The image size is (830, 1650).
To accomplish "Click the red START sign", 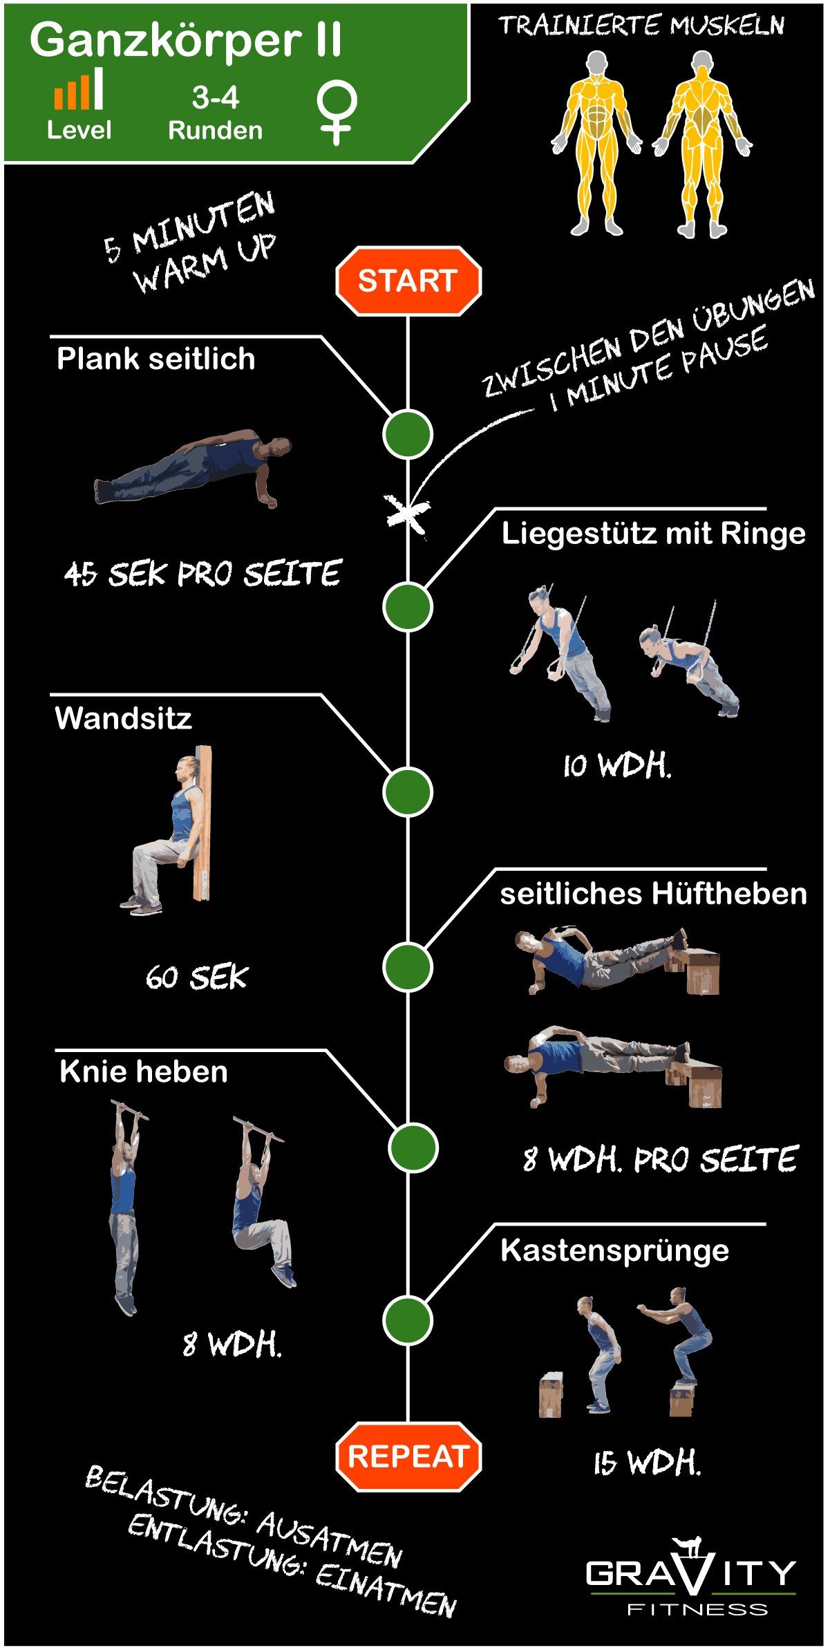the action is tap(408, 281).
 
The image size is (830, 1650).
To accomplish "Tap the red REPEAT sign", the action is tap(408, 1456).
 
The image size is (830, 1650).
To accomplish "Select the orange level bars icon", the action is tap(79, 88).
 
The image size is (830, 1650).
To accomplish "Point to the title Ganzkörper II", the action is tap(185, 40).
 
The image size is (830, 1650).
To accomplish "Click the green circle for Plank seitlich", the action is tap(408, 434).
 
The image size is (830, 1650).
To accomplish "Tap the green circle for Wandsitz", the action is tap(408, 791).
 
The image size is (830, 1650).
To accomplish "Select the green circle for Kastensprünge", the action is tap(408, 1320).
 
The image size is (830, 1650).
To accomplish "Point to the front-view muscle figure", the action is tap(596, 144).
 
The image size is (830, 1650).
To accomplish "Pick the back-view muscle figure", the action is tap(702, 144).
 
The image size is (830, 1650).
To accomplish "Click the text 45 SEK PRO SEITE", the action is tap(202, 574).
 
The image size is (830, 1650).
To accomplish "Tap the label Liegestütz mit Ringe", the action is tap(653, 534).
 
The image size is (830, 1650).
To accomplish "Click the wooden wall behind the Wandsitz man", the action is tap(203, 823).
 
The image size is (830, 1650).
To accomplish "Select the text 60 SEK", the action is tap(197, 977).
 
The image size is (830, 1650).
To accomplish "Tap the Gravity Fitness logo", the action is tap(691, 1575).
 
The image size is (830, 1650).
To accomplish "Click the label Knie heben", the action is tap(144, 1072).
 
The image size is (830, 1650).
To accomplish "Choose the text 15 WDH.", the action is tap(648, 1463).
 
